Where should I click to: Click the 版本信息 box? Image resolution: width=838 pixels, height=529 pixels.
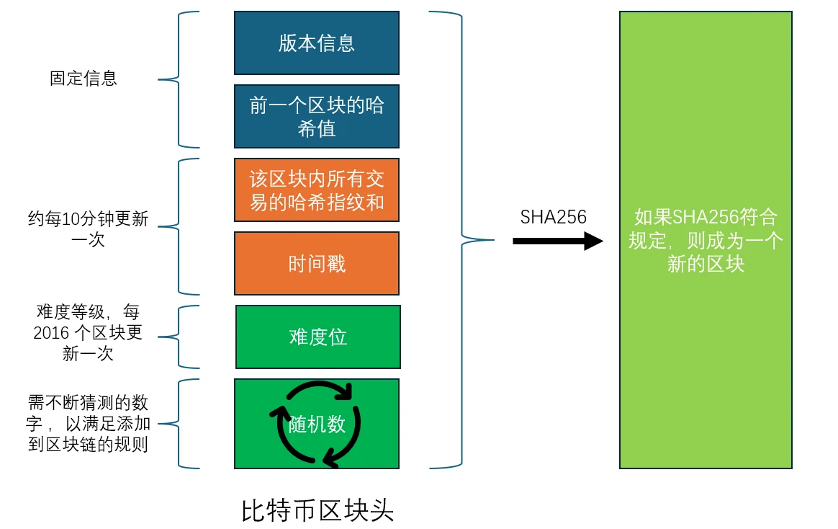pos(317,43)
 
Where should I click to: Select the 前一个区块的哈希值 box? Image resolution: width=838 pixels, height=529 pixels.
pos(317,117)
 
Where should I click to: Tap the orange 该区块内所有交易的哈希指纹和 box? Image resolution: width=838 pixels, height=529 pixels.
pos(317,190)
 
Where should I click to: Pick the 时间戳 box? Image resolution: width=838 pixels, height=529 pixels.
pos(317,264)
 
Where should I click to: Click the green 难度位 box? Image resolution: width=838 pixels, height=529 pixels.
pos(318,337)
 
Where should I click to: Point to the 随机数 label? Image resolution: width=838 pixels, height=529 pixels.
pos(317,424)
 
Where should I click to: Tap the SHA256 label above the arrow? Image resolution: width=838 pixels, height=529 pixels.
pos(554,217)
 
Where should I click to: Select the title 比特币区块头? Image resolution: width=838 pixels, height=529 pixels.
pos(317,511)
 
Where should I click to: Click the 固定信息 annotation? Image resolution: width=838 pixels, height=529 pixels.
pos(84,79)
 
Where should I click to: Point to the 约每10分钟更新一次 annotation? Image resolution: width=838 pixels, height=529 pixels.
pos(89,229)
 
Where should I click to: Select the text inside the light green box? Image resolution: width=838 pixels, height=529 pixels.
pos(706,240)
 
